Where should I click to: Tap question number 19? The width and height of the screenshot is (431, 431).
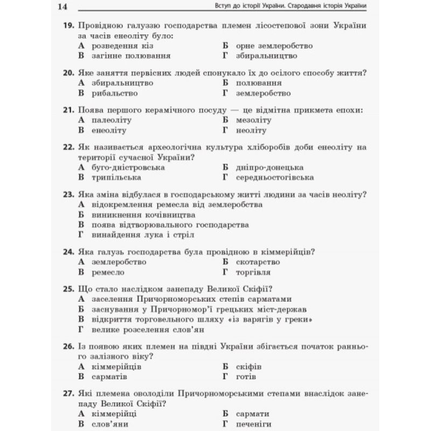[68, 26]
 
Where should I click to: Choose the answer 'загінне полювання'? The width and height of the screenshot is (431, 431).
[131, 55]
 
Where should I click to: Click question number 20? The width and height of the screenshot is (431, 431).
[68, 73]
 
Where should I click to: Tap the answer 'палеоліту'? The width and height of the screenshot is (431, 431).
[112, 120]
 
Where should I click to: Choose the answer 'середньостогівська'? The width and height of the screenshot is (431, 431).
[275, 177]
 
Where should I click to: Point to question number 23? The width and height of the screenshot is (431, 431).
[68, 194]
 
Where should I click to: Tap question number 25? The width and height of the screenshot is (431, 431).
[68, 289]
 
